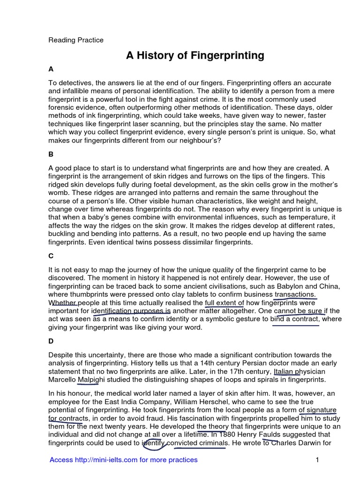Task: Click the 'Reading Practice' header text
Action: pos(76,40)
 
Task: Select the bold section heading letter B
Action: pos(51,153)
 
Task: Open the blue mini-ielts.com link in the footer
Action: pos(123,460)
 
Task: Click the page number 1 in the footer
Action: pos(317,460)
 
